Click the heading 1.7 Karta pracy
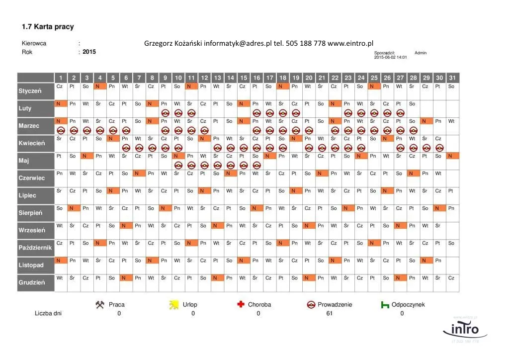(48, 26)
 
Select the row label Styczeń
(30, 91)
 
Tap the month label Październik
(35, 247)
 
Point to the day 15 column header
(243, 78)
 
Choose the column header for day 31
(451, 78)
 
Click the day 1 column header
(61, 78)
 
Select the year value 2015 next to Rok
(89, 52)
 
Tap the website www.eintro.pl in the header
(350, 43)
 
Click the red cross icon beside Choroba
(241, 304)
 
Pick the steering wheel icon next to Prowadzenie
(312, 304)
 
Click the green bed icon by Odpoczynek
(385, 305)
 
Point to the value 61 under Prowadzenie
(330, 313)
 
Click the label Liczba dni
(48, 313)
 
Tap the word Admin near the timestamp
(420, 53)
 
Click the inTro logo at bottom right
(465, 329)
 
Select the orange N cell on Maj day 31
(451, 156)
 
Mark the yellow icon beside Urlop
(173, 305)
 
